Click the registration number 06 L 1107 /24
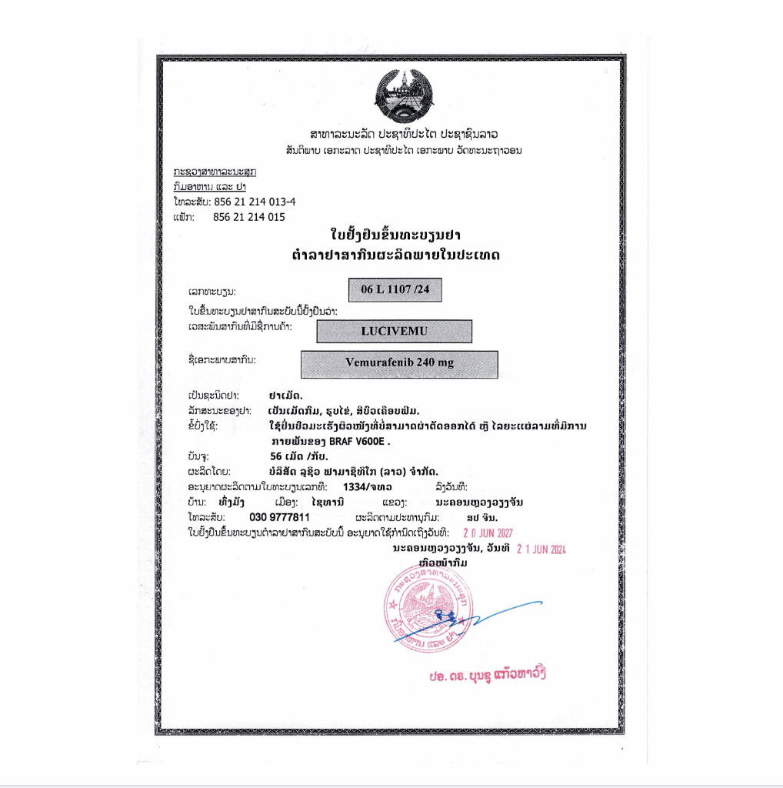click(x=395, y=290)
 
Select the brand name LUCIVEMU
click(x=394, y=331)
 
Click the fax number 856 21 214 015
click(x=248, y=217)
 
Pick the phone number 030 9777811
click(x=280, y=517)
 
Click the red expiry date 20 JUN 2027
click(x=488, y=533)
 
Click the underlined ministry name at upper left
click(x=215, y=172)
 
